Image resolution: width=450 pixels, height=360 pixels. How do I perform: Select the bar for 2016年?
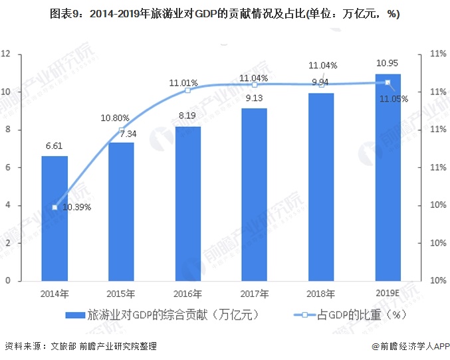[x=187, y=203]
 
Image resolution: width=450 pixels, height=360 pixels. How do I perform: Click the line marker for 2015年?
[x=121, y=130]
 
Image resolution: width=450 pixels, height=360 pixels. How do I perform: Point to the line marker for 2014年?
[x=55, y=207]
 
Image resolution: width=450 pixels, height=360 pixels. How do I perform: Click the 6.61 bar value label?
[x=55, y=146]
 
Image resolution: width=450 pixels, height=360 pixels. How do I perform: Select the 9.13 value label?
[x=255, y=98]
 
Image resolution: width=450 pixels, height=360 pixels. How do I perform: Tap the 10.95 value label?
[x=388, y=63]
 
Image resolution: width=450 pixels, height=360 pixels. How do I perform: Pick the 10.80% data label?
[x=114, y=118]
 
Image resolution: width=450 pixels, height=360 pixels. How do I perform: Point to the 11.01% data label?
[x=183, y=83]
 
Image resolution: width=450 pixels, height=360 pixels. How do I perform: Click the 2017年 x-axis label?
[x=255, y=293]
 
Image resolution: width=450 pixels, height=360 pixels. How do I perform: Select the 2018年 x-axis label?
[x=321, y=293]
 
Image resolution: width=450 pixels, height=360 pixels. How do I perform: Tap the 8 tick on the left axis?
[x=8, y=130]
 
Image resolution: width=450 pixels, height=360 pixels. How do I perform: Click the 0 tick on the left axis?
[x=8, y=281]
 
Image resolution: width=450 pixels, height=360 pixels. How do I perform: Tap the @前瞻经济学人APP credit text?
[x=410, y=346]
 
